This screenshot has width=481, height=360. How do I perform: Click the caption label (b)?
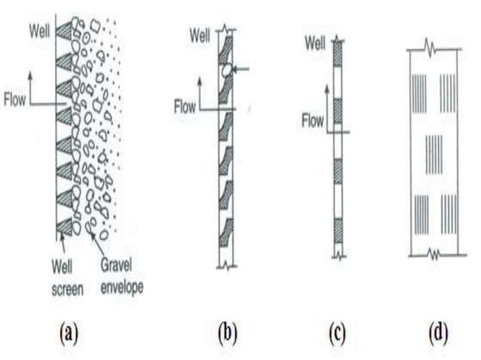[x=226, y=332]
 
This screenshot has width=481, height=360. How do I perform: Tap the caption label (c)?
[x=337, y=332]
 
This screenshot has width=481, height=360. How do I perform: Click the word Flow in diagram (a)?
[x=17, y=98]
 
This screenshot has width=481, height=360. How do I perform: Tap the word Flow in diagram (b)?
[x=185, y=108]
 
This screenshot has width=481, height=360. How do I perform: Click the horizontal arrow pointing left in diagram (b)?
[x=241, y=69]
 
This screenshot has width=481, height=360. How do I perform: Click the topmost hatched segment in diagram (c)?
[x=338, y=53]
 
